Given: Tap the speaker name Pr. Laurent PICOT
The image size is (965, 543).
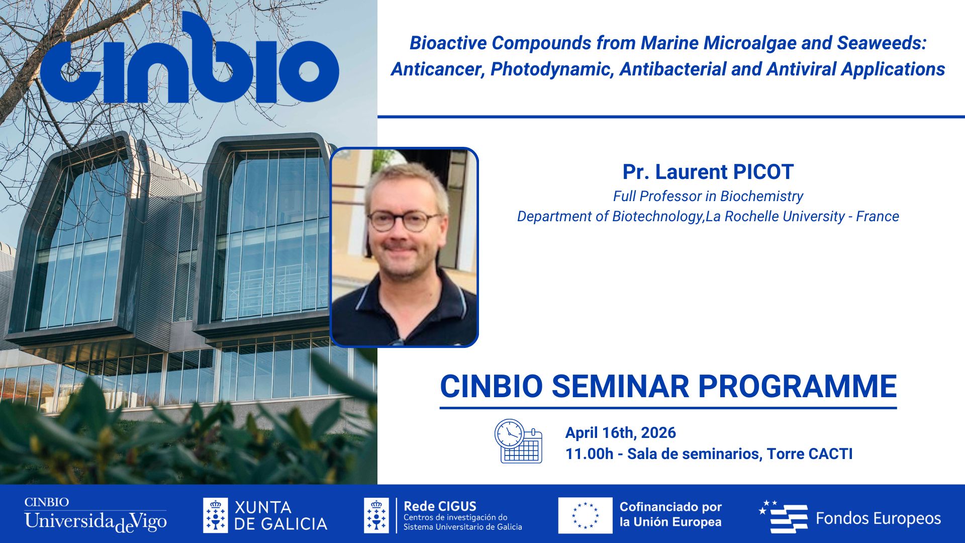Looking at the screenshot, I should click(x=708, y=172).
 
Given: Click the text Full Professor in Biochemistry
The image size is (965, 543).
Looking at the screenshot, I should click(x=708, y=196).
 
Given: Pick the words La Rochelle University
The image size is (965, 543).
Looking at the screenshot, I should click(x=775, y=216).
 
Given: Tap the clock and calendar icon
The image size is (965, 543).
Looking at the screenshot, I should click(x=518, y=441).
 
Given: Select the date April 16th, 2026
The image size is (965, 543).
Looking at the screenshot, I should click(x=620, y=433).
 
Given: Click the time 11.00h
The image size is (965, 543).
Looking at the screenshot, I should click(x=589, y=454).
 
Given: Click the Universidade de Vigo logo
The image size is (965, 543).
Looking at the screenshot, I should click(x=95, y=515).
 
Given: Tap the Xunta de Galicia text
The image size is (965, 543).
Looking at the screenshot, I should click(x=280, y=515).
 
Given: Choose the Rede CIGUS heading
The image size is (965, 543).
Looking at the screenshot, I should click(x=440, y=506).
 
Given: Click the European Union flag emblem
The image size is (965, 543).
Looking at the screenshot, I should click(x=585, y=515).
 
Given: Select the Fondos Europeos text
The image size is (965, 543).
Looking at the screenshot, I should click(x=878, y=518).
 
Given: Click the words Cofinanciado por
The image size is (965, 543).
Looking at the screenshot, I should click(x=670, y=507).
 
